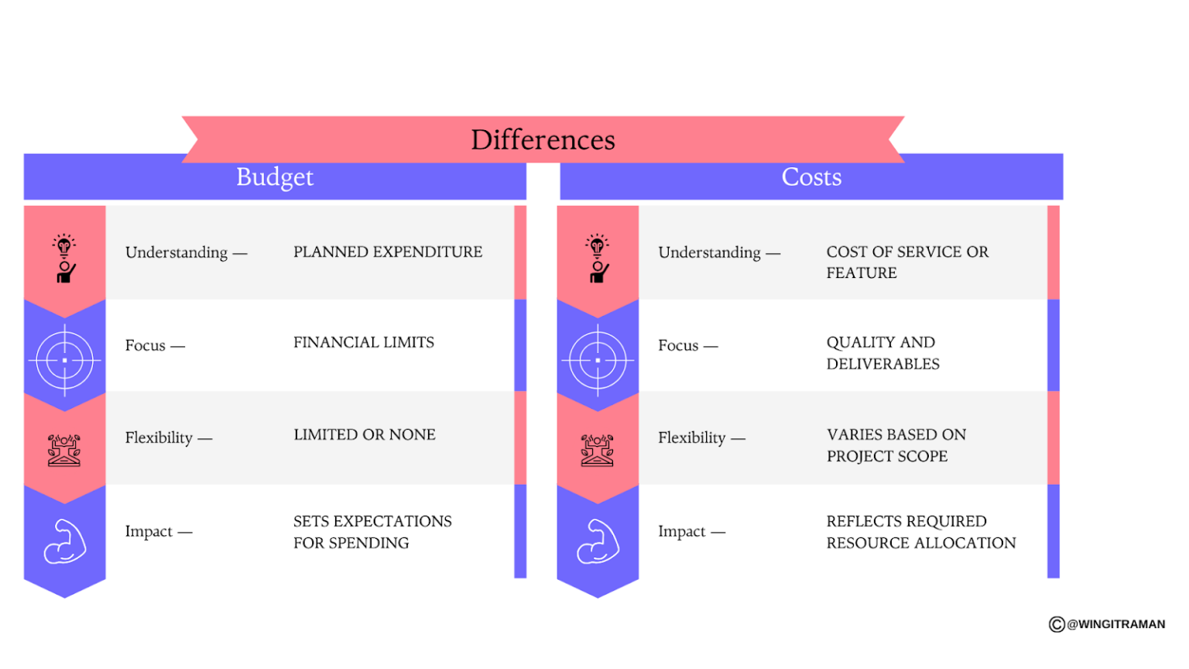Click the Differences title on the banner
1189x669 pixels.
coord(543,140)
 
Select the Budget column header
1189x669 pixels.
coord(275,177)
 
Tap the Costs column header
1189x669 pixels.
coord(811,177)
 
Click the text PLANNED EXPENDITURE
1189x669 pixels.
coord(387,252)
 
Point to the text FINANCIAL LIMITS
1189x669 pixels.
coord(363,342)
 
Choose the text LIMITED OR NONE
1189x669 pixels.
coord(364,435)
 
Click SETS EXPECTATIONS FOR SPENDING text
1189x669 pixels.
coord(372,532)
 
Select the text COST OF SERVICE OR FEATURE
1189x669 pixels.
coord(906,262)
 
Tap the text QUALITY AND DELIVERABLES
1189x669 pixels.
coord(882,353)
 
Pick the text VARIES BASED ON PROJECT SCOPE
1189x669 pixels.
coord(896,445)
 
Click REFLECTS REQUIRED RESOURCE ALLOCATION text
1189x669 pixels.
coord(920,532)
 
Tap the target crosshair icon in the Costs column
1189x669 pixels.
coord(598,360)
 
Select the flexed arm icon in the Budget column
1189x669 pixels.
coord(65,541)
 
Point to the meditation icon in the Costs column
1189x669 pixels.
coord(597,450)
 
